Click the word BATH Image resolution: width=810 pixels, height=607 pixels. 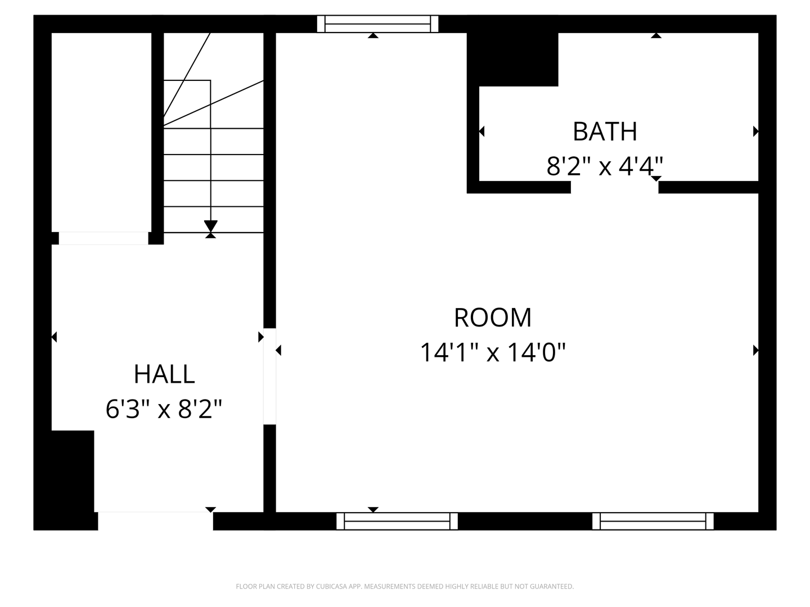pos(605,132)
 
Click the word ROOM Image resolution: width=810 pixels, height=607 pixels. pos(493,318)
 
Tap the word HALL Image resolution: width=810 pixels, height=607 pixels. pos(164,374)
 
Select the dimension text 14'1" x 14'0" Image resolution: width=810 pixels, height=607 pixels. pos(493,353)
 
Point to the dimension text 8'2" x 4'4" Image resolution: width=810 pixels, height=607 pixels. pos(605,166)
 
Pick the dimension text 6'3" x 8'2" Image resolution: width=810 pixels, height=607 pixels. pos(164,410)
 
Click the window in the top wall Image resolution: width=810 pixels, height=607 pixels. pos(377,24)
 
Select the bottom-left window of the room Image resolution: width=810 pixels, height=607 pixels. pos(397,521)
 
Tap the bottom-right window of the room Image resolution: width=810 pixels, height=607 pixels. pos(653,521)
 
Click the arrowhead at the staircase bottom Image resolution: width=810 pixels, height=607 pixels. pos(211,226)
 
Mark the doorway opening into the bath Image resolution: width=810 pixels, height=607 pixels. pos(614,187)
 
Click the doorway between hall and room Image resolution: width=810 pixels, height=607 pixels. pos(270,377)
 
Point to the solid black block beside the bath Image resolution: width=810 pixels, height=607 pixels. pos(512,60)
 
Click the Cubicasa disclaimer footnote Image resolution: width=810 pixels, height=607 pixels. pos(405,586)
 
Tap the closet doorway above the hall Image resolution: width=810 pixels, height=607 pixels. pos(103,238)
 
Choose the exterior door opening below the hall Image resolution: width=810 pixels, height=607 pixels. pos(155,521)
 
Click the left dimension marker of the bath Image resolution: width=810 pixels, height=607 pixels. pos(481,131)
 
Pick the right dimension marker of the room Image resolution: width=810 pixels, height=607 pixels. pos(755,350)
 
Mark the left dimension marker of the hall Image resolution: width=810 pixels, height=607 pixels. pos(54,337)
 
